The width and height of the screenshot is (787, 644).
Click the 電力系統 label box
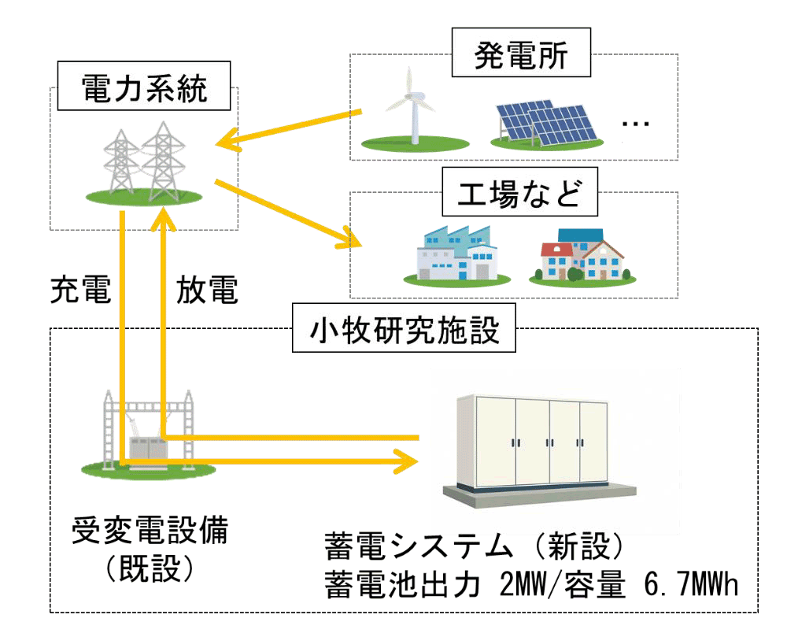[144, 86]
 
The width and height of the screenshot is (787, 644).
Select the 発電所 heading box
[521, 53]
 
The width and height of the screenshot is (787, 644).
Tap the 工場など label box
[520, 192]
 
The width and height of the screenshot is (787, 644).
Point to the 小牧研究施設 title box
[404, 328]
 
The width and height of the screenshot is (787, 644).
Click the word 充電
[80, 290]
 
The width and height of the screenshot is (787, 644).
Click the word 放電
[207, 290]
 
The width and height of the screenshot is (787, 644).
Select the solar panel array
[547, 124]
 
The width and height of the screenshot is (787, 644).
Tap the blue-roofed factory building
[456, 256]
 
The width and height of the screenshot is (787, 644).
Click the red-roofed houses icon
[582, 257]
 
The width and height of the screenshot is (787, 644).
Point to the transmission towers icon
[144, 163]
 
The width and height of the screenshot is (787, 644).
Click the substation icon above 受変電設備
[149, 434]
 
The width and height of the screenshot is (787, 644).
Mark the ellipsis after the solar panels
[635, 124]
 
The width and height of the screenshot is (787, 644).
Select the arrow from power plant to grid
[289, 129]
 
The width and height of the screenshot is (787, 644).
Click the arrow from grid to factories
[288, 213]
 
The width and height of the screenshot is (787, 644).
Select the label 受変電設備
[150, 531]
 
